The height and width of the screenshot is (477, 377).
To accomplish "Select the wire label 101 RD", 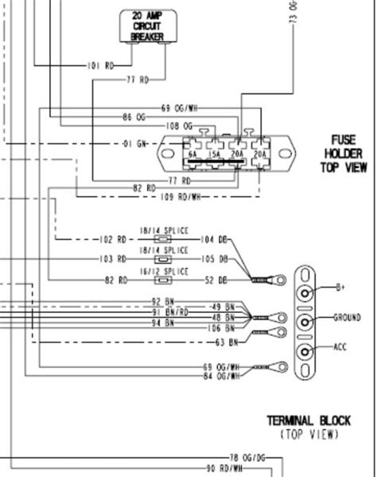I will click(x=100, y=65).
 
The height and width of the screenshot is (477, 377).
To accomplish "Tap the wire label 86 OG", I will click(x=137, y=117).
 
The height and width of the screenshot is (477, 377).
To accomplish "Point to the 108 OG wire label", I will click(x=180, y=126).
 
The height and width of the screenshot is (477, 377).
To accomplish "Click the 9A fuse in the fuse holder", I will click(x=192, y=155).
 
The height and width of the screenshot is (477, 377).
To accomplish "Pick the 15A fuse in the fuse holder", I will click(x=214, y=155).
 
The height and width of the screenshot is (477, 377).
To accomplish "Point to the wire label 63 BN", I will click(x=227, y=342).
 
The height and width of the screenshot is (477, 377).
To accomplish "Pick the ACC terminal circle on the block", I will click(x=305, y=350).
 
